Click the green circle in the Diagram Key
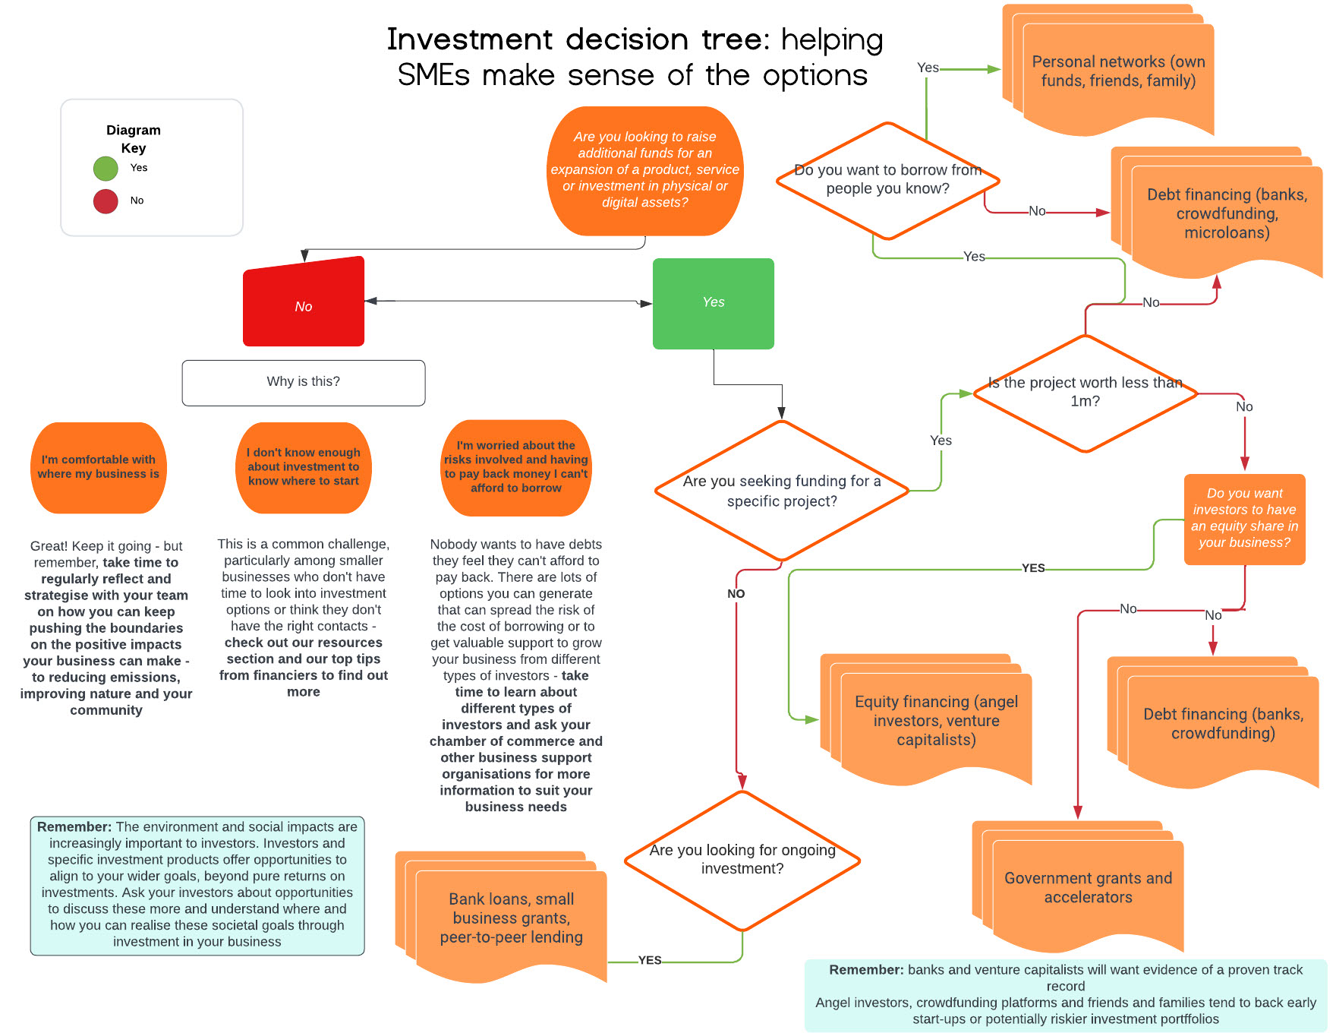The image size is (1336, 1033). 106,169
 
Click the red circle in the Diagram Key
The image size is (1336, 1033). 106,201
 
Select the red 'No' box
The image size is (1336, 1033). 304,304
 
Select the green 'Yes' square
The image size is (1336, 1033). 714,304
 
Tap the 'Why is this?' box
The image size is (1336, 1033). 304,382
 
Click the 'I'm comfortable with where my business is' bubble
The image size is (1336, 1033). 99,467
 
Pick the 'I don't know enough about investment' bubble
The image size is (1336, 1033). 304,467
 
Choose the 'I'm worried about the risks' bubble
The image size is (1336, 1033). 516,467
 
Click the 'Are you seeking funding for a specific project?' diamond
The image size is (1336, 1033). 782,491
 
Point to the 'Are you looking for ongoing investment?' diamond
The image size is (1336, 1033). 742,860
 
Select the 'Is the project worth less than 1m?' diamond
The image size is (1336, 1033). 1085,393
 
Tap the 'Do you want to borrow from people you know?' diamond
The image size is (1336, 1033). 887,180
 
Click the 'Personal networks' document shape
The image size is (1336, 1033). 1118,72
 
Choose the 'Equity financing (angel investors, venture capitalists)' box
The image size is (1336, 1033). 936,721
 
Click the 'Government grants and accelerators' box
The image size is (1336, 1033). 1088,887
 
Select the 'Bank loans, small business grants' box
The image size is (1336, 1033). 511,918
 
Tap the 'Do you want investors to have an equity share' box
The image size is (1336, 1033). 1245,518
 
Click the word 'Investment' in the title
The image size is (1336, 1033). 471,39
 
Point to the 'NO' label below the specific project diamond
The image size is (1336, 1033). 736,593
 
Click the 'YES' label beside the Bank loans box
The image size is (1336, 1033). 650,960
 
